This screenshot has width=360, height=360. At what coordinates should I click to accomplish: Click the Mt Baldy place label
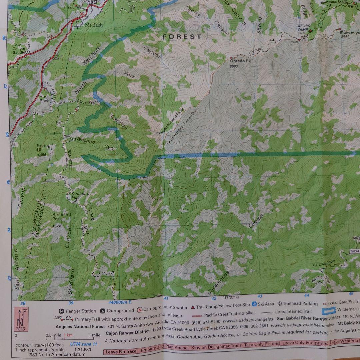94,25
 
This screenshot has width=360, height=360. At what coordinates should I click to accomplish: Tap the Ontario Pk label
240,61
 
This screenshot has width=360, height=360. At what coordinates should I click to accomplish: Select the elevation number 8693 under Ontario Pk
234,67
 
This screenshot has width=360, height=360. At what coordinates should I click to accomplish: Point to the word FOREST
182,37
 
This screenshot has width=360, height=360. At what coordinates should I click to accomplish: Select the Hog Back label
44,99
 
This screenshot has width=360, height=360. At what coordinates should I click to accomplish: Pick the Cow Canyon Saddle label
19,49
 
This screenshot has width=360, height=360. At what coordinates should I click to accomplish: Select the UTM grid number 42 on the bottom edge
214,298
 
